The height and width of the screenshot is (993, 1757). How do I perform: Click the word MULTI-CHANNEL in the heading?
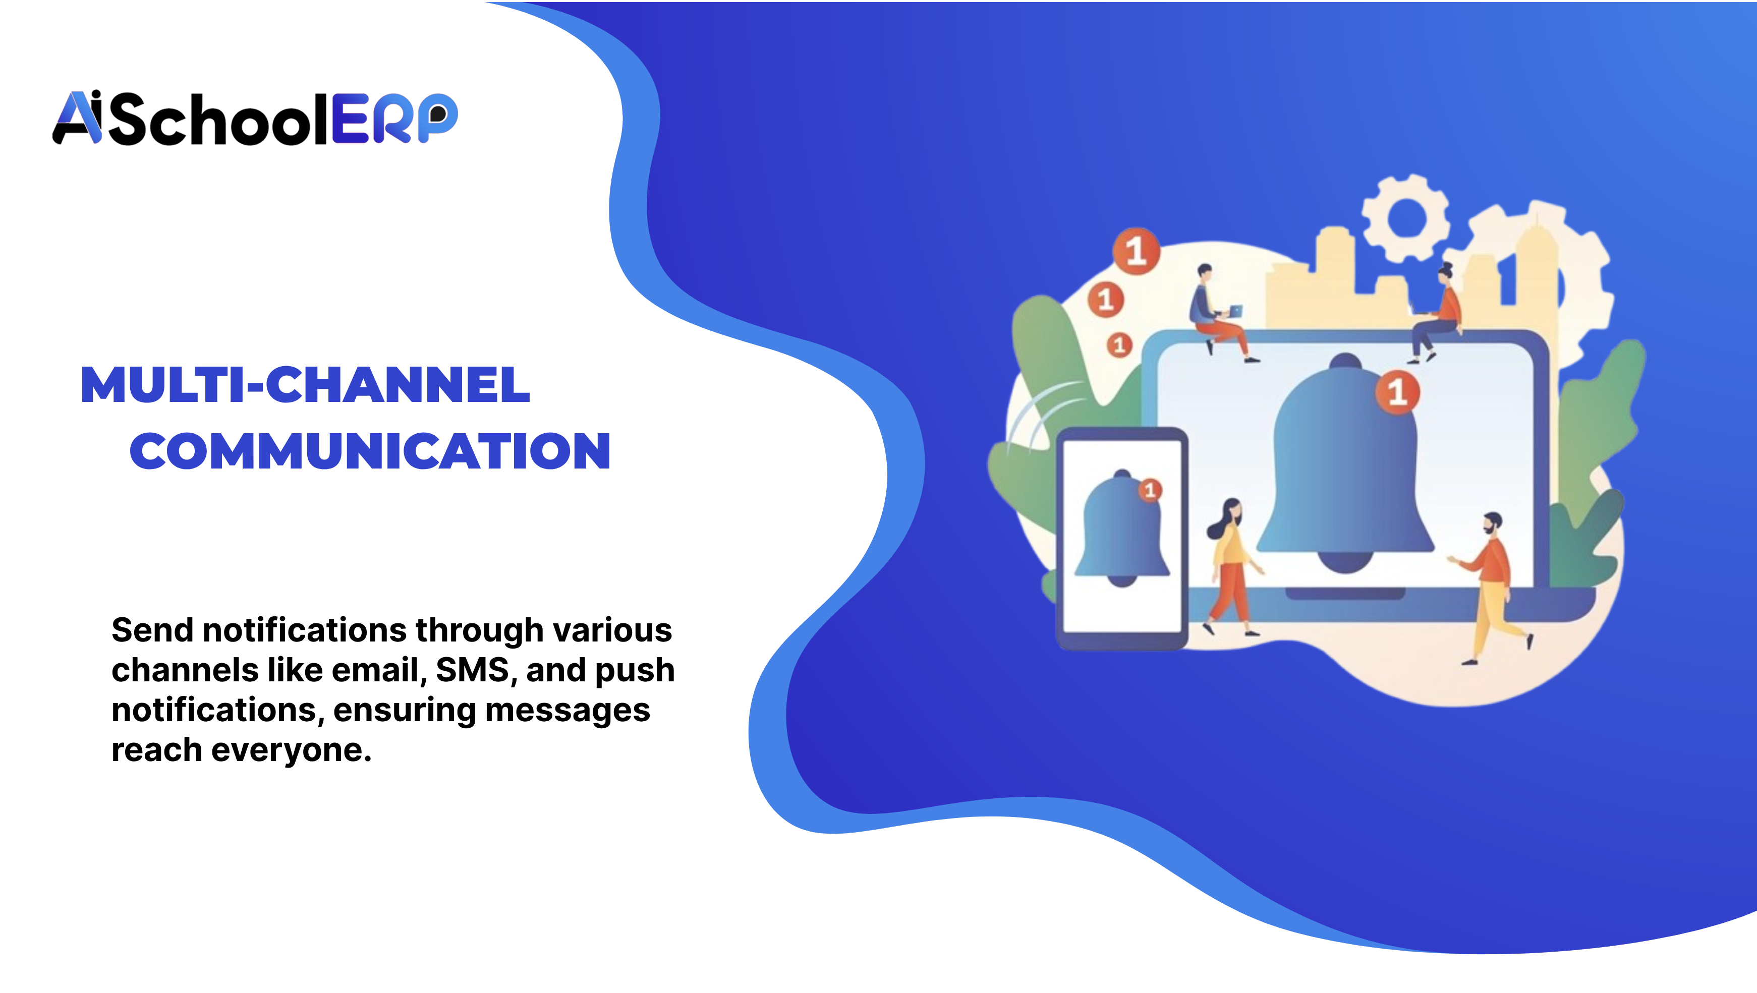click(x=305, y=385)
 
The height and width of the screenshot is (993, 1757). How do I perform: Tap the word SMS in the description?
click(x=472, y=670)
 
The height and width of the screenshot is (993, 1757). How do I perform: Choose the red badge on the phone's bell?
click(x=1150, y=490)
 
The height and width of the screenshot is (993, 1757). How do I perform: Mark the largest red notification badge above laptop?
click(x=1136, y=251)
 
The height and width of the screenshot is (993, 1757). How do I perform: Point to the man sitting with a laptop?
click(x=1216, y=310)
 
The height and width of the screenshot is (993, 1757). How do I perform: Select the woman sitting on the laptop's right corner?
click(x=1437, y=314)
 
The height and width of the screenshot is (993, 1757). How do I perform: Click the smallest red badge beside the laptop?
click(x=1118, y=345)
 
